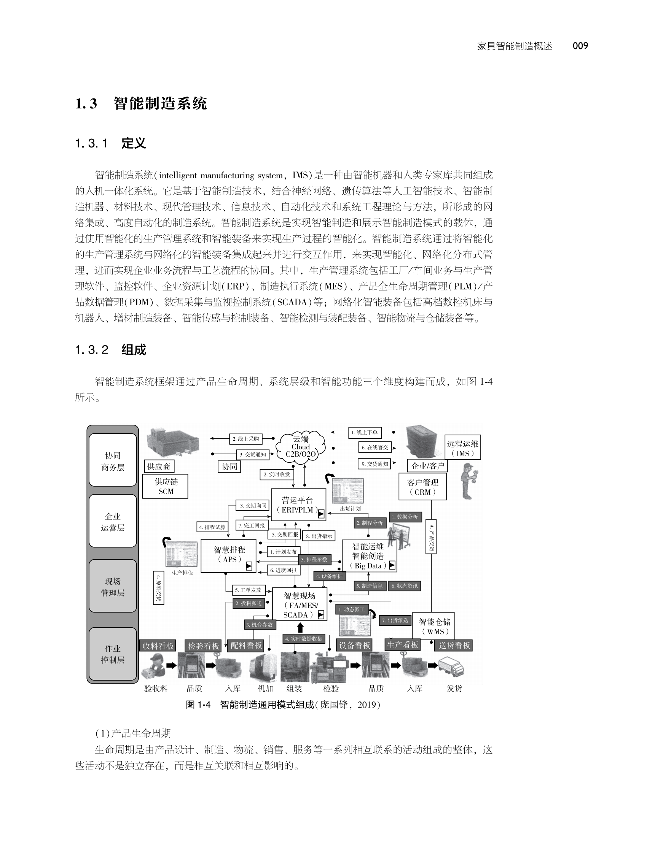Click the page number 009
580,46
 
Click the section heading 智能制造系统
160,103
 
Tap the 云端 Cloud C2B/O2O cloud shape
301,447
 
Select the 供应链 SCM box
166,486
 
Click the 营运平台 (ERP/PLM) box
298,505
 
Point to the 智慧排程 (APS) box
229,555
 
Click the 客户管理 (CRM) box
422,487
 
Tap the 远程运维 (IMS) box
462,448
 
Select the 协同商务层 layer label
113,461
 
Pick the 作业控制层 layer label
113,654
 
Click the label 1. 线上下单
364,432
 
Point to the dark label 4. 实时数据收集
304,639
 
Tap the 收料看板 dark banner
158,646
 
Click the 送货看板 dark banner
454,645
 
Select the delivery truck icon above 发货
451,666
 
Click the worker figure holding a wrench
470,481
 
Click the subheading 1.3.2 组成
111,350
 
